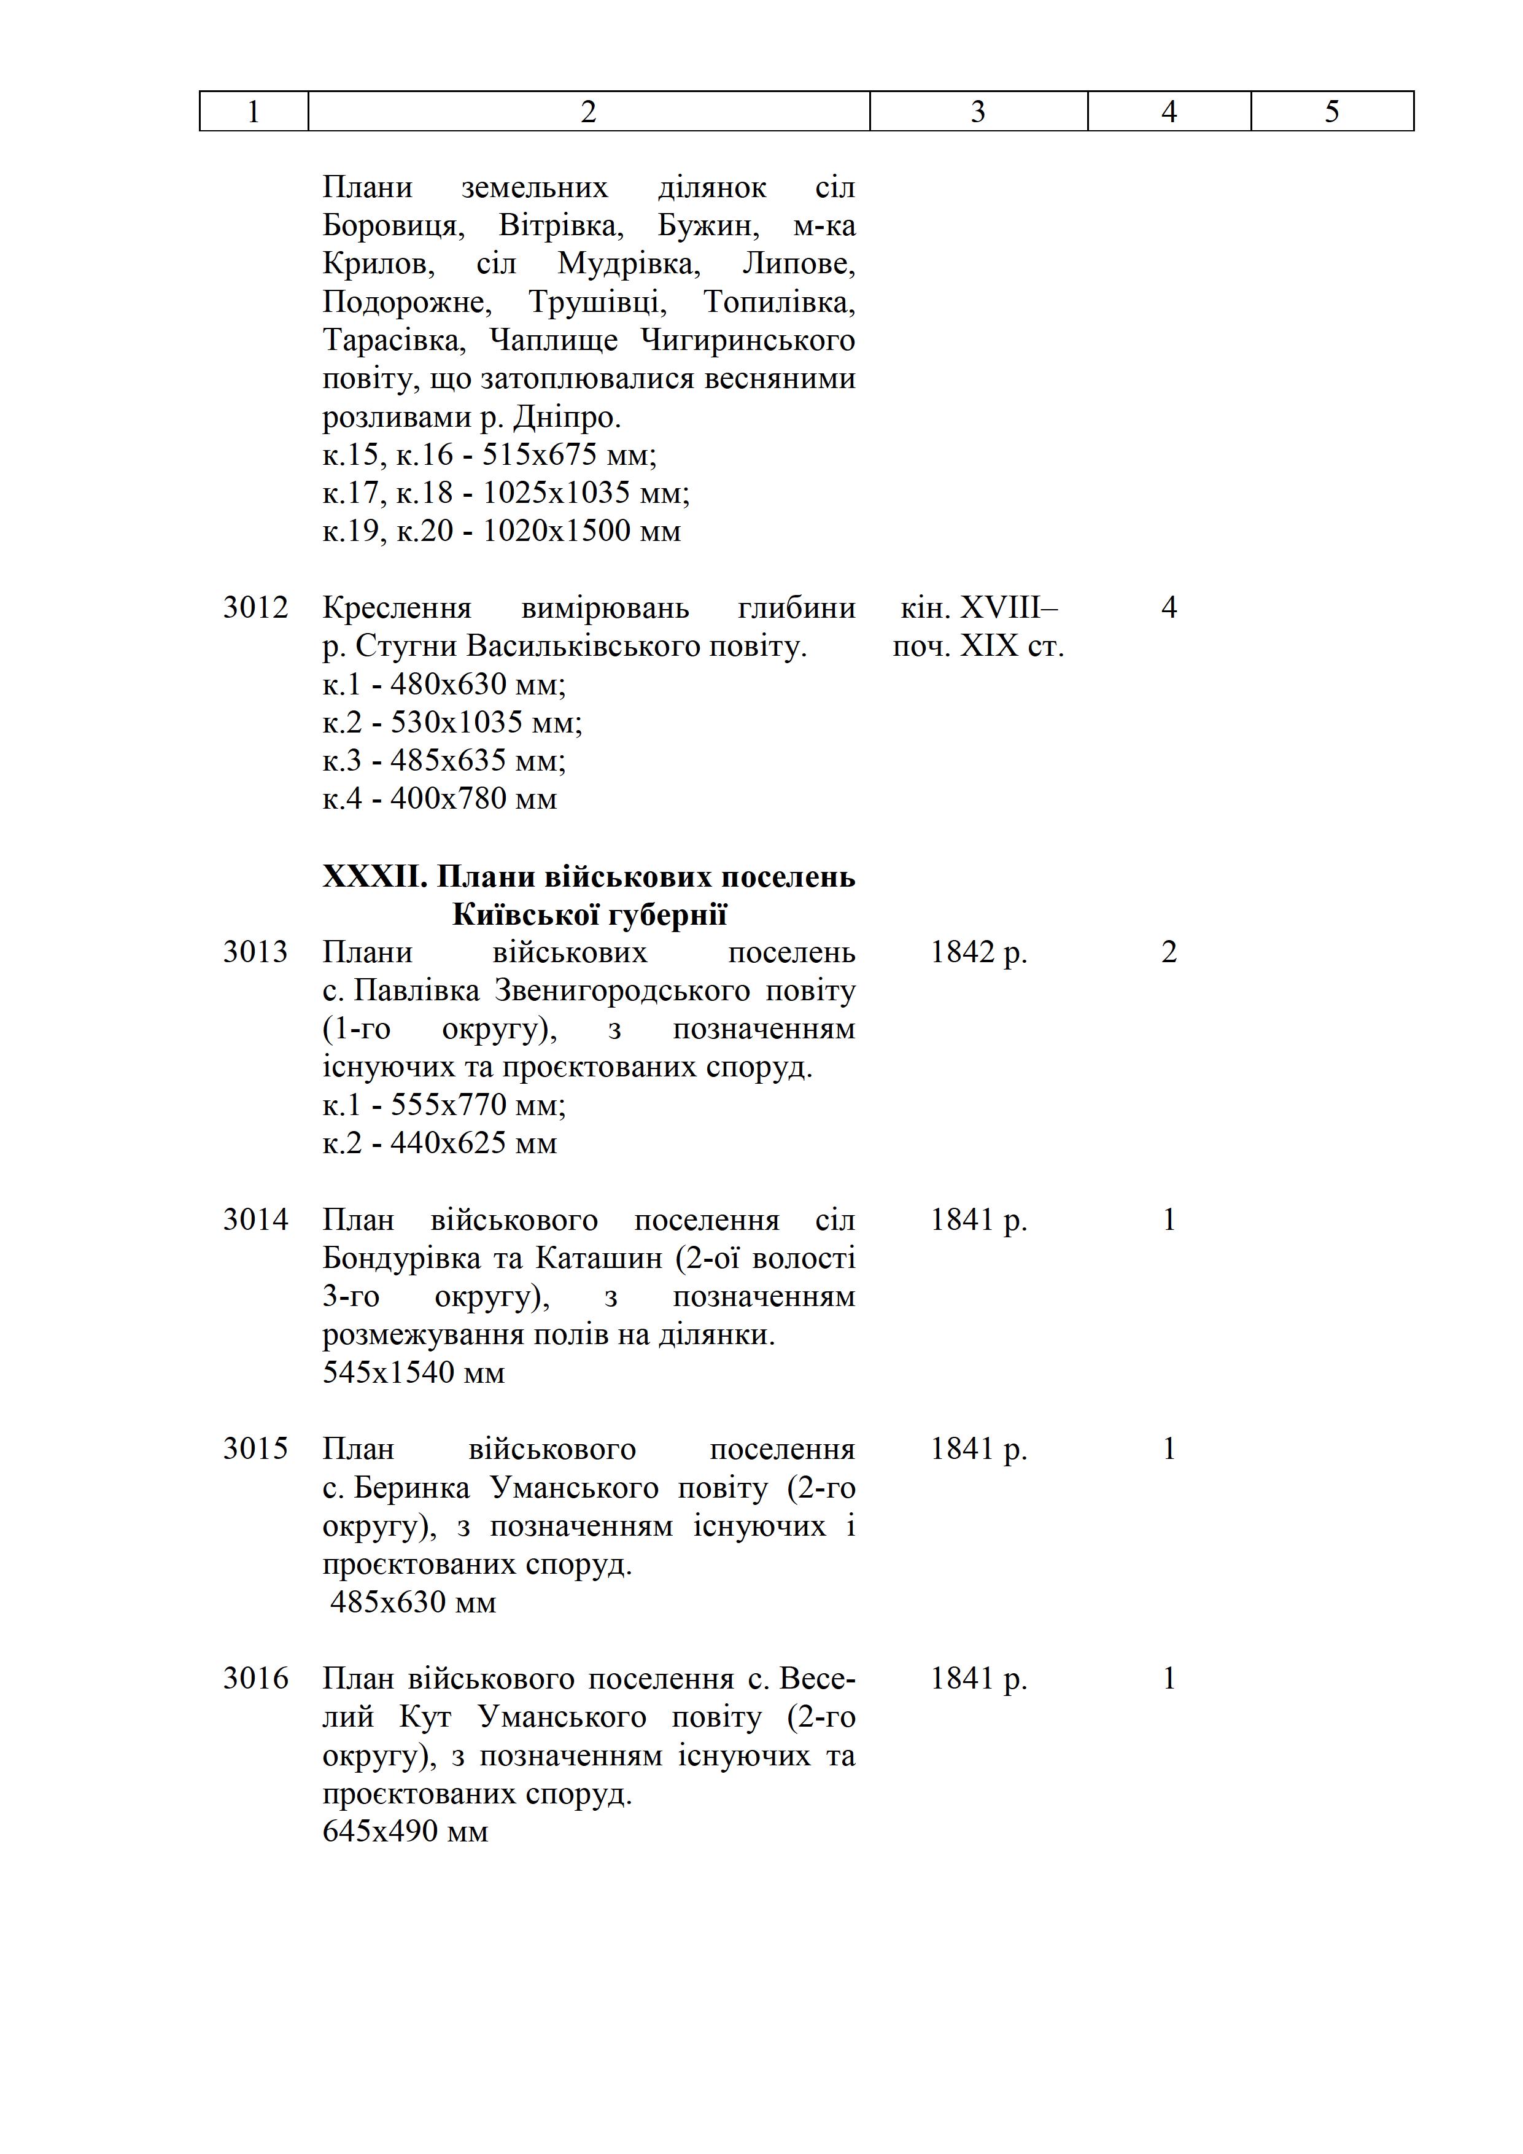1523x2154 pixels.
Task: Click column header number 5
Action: coord(1331,112)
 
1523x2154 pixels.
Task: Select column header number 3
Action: coord(977,112)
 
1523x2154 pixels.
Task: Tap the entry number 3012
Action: coord(255,608)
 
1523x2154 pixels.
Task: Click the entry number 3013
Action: coord(255,952)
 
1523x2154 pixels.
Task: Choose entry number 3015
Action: coord(255,1450)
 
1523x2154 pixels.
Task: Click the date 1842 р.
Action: coord(978,952)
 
